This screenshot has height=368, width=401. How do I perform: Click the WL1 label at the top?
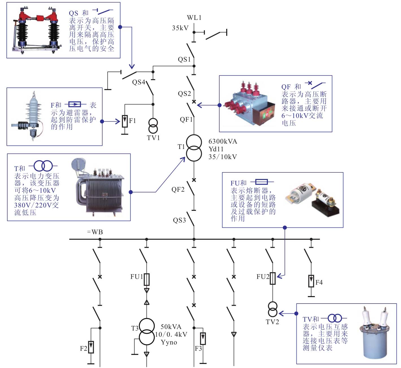(x=194, y=18)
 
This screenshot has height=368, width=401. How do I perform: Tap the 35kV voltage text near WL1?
(x=180, y=28)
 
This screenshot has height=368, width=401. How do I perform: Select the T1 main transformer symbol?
(x=194, y=148)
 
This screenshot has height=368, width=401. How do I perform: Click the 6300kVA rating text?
(x=223, y=141)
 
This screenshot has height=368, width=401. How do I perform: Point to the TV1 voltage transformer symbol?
(x=153, y=126)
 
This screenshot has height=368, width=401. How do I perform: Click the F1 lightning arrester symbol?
(x=125, y=121)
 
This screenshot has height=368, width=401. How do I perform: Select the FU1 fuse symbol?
(x=147, y=279)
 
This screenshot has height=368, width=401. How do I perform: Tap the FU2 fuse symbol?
(x=273, y=278)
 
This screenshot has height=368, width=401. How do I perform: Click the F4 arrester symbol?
(x=311, y=281)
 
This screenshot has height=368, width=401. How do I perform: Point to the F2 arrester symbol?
(x=91, y=347)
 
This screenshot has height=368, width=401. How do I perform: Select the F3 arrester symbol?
(x=203, y=339)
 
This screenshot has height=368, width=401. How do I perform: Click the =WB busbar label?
(x=95, y=232)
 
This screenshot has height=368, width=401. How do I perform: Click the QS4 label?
(x=138, y=82)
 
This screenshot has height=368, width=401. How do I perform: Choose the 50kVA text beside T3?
(x=171, y=327)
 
